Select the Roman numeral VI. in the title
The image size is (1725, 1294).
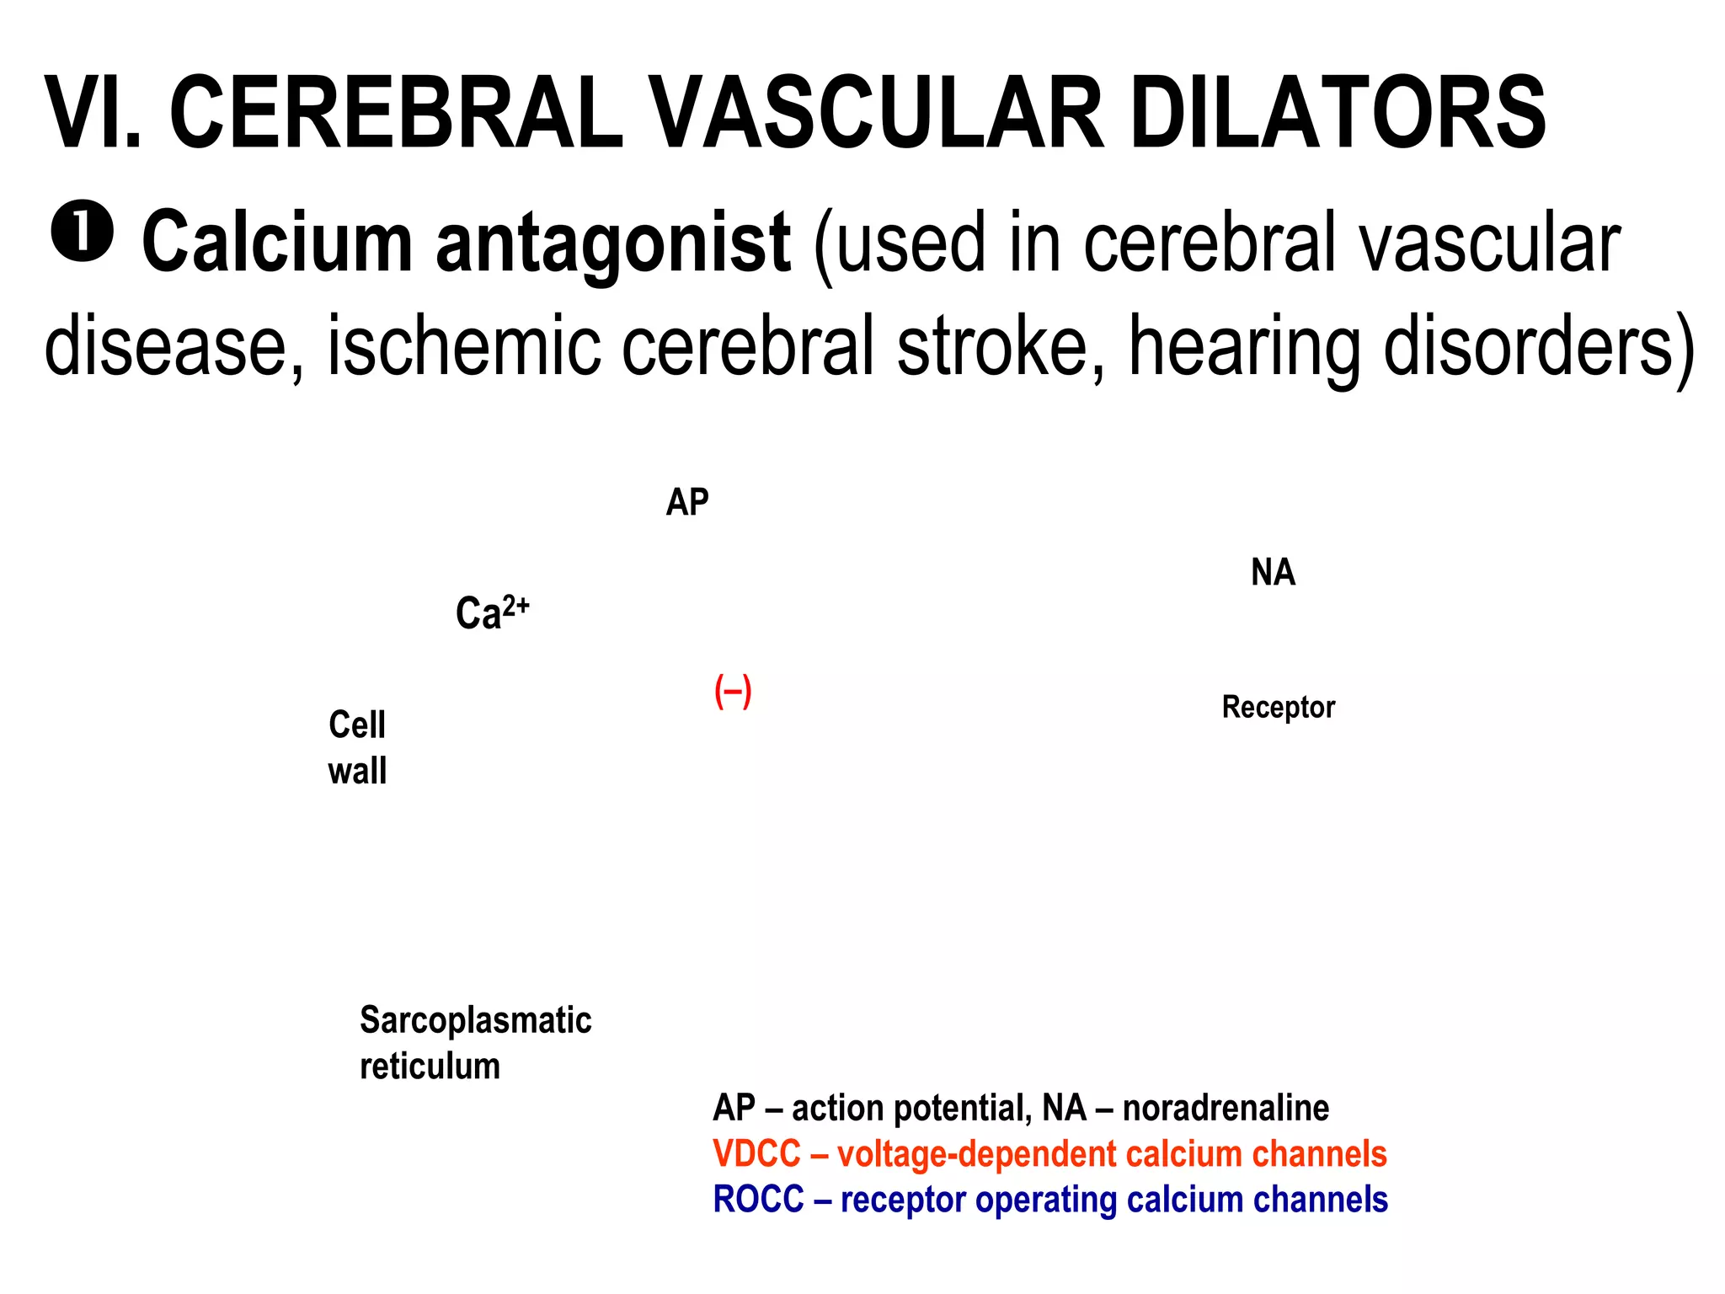tap(93, 114)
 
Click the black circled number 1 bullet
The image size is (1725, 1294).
tap(82, 234)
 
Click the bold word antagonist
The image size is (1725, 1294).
tap(612, 244)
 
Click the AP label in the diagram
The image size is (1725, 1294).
tap(687, 502)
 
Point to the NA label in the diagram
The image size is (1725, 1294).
tap(1273, 573)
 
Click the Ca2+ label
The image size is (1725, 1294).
tap(492, 612)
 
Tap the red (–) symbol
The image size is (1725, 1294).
tap(733, 692)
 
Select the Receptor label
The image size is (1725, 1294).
tap(1278, 707)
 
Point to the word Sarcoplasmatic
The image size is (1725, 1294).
tap(475, 1020)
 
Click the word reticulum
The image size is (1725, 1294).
tap(430, 1067)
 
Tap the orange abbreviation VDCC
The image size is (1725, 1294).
tap(756, 1154)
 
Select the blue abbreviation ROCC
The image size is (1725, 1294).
tap(758, 1200)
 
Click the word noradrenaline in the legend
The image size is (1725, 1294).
tap(1226, 1108)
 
